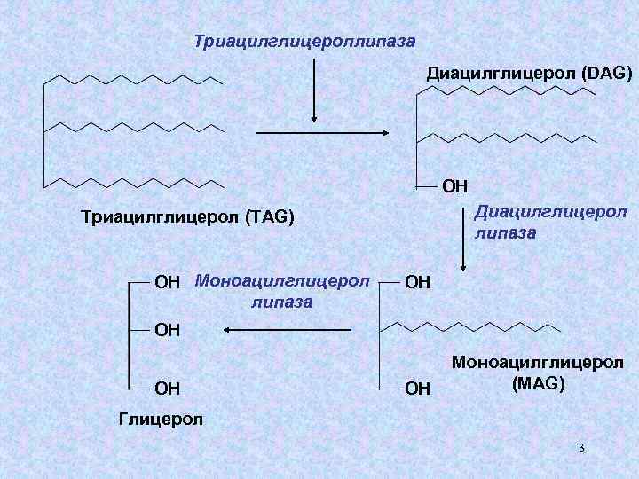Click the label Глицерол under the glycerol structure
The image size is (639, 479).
pyautogui.click(x=160, y=418)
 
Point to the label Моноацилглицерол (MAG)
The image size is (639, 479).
pyautogui.click(x=538, y=373)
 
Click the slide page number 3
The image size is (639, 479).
pyautogui.click(x=581, y=448)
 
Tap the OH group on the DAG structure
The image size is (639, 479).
pyautogui.click(x=454, y=186)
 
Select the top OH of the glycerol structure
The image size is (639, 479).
pyautogui.click(x=168, y=283)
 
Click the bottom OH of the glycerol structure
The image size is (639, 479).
pyautogui.click(x=168, y=388)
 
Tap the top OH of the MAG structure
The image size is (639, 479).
pyautogui.click(x=418, y=283)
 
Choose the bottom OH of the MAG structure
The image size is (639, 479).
pyautogui.click(x=418, y=388)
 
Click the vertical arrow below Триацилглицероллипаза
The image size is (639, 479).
pyautogui.click(x=313, y=89)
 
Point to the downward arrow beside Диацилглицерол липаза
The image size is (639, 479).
pyautogui.click(x=462, y=239)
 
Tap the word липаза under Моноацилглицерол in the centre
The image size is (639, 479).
pyautogui.click(x=281, y=302)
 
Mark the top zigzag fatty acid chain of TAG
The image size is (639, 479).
pyautogui.click(x=133, y=77)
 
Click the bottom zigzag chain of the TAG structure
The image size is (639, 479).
pyautogui.click(x=133, y=183)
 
